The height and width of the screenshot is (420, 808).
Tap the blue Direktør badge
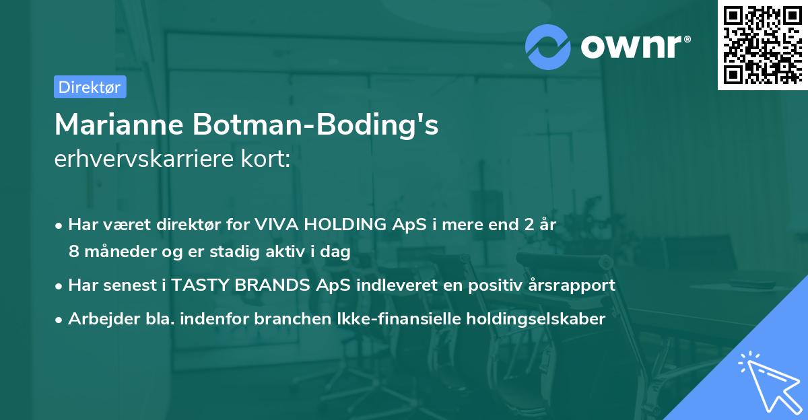(x=90, y=87)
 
